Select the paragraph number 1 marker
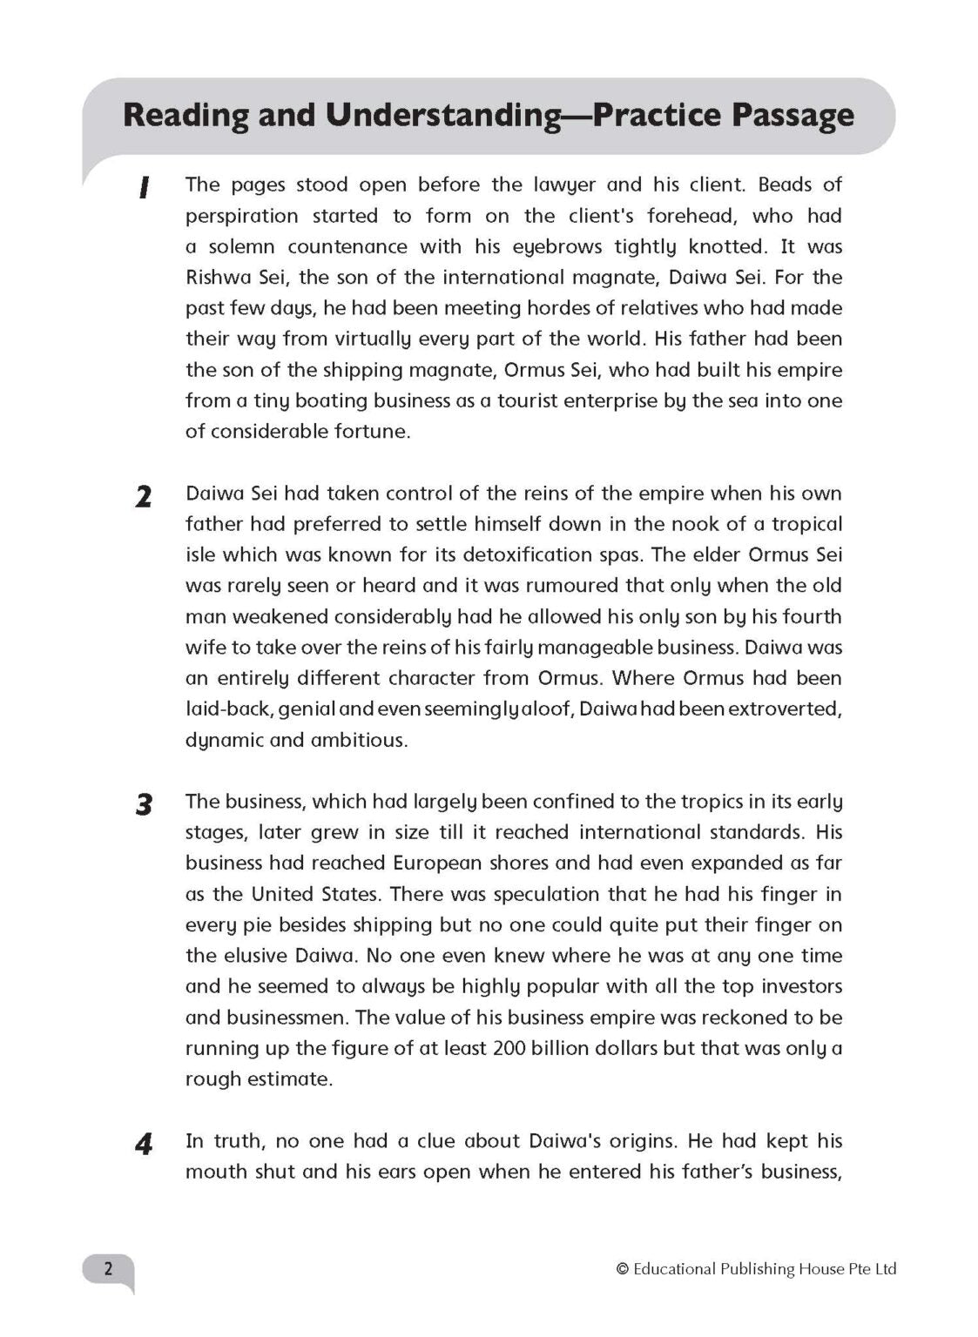pos(144,187)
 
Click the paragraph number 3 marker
pos(144,804)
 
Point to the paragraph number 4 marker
pos(144,1144)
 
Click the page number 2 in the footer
pos(108,1268)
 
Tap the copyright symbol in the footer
pos(622,1269)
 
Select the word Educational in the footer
pos(674,1269)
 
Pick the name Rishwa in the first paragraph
pos(218,278)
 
